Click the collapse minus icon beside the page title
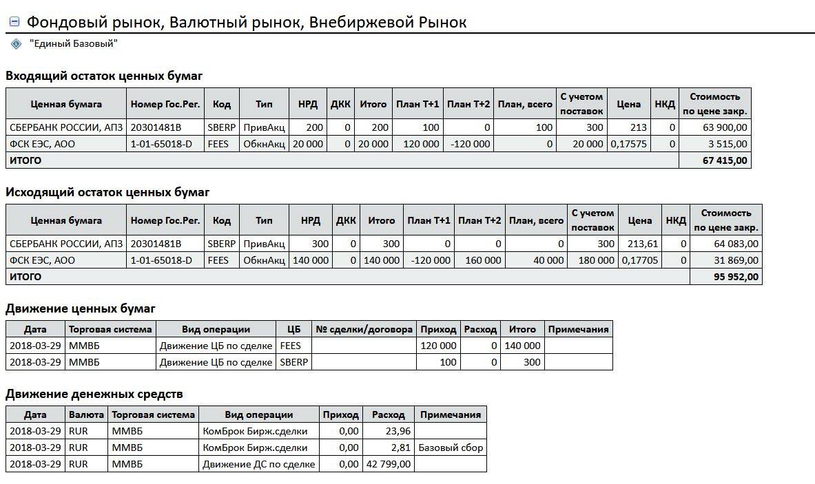(14, 22)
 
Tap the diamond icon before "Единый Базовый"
(17, 44)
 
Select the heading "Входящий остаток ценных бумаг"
(104, 76)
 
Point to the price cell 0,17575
(628, 144)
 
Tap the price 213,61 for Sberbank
(640, 244)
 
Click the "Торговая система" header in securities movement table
(111, 329)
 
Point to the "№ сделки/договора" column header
(364, 329)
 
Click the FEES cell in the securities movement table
(291, 346)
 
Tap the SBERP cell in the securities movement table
(294, 362)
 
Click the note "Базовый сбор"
(451, 448)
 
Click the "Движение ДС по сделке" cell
(258, 464)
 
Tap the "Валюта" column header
(87, 414)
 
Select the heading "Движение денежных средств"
(94, 394)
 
